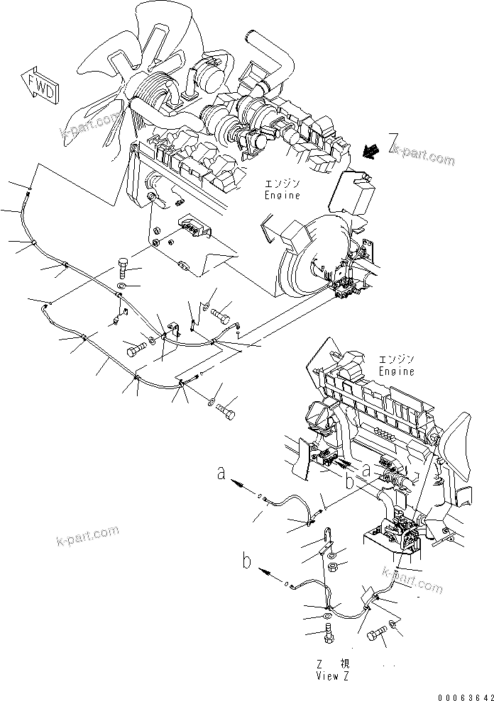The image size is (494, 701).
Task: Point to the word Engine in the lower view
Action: pos(396,371)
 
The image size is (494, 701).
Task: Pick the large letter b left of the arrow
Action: pos(247,563)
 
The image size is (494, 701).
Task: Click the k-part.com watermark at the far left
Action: pos(87,537)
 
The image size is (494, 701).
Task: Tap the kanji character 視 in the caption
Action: pos(345,665)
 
